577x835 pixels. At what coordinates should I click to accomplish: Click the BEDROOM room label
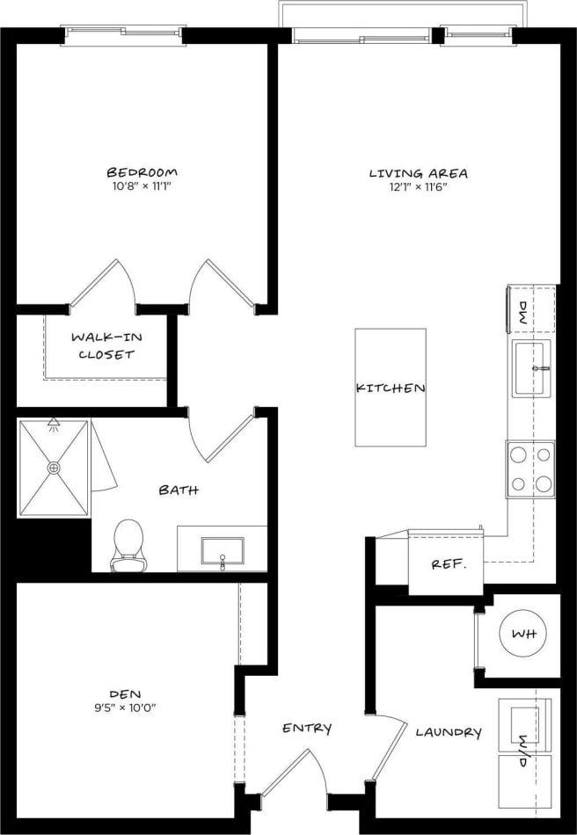click(x=142, y=171)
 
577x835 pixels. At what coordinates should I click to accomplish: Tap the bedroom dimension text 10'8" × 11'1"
click(x=142, y=186)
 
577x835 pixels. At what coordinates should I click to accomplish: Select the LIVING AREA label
click(x=418, y=173)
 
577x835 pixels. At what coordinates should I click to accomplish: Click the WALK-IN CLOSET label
click(x=106, y=345)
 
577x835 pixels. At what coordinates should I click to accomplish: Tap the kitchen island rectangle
click(x=391, y=387)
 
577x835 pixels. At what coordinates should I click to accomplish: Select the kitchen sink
click(x=532, y=367)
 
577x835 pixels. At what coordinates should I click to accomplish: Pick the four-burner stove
click(x=530, y=468)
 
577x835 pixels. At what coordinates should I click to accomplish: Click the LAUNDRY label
click(x=448, y=732)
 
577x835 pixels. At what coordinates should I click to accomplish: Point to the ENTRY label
click(x=307, y=728)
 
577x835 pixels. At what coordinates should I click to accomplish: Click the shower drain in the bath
click(x=55, y=468)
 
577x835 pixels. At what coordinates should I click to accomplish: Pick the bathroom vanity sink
click(x=222, y=551)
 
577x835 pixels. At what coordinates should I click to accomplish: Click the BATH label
click(x=179, y=490)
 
